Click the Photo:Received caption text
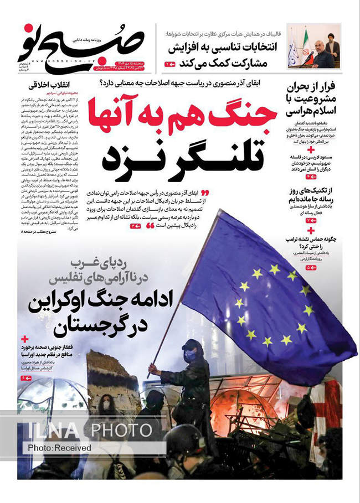click(53, 447)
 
